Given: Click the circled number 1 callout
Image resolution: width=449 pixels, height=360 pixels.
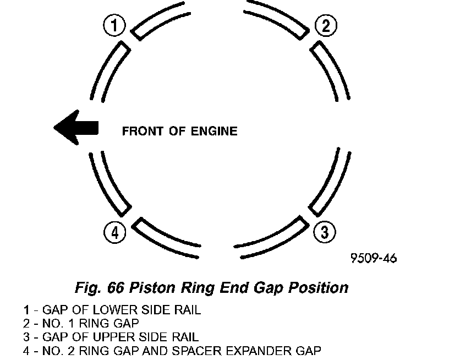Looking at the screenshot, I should tap(114, 25).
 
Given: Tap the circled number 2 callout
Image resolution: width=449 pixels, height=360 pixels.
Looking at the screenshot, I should tap(325, 25).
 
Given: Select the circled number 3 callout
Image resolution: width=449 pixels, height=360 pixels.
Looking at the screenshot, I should tap(324, 232).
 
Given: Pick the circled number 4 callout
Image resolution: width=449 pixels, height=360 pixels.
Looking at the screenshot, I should tap(114, 232).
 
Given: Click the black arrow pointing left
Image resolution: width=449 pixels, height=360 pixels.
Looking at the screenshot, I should tap(76, 128).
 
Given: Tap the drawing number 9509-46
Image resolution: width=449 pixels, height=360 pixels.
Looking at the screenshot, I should tap(373, 258).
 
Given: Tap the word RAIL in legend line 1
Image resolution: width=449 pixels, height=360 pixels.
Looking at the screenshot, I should tap(187, 310).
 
